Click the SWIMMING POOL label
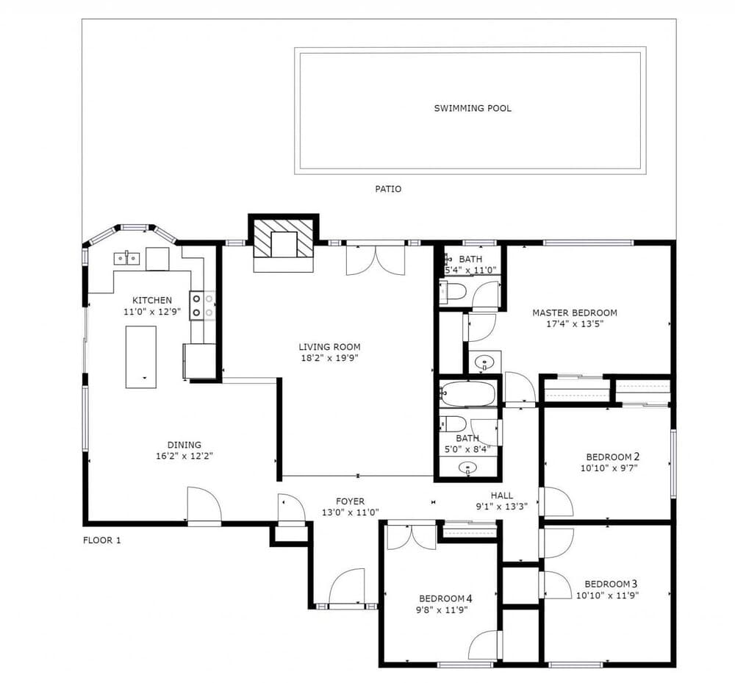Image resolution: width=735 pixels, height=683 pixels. (473, 108)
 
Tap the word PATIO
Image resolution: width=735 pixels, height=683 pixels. (388, 189)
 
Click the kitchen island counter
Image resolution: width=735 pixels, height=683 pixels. (140, 357)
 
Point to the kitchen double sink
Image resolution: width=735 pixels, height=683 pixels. (127, 258)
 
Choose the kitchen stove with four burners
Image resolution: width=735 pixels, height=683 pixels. (203, 306)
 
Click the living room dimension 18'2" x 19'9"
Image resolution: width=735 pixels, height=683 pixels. (329, 359)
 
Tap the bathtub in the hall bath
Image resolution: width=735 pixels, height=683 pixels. (467, 393)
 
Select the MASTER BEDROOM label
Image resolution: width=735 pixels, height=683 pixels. (575, 312)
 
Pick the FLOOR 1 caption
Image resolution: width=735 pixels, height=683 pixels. (101, 540)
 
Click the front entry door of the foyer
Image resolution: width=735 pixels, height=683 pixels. (347, 588)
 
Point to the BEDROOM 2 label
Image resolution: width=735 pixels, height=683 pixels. (613, 457)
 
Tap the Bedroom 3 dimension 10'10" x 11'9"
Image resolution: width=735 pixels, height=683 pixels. (608, 596)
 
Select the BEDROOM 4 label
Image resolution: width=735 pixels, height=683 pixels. (445, 598)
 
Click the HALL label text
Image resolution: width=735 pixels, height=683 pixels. (501, 496)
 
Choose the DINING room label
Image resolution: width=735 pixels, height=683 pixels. (184, 445)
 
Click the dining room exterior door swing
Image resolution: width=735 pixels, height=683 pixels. (204, 504)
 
